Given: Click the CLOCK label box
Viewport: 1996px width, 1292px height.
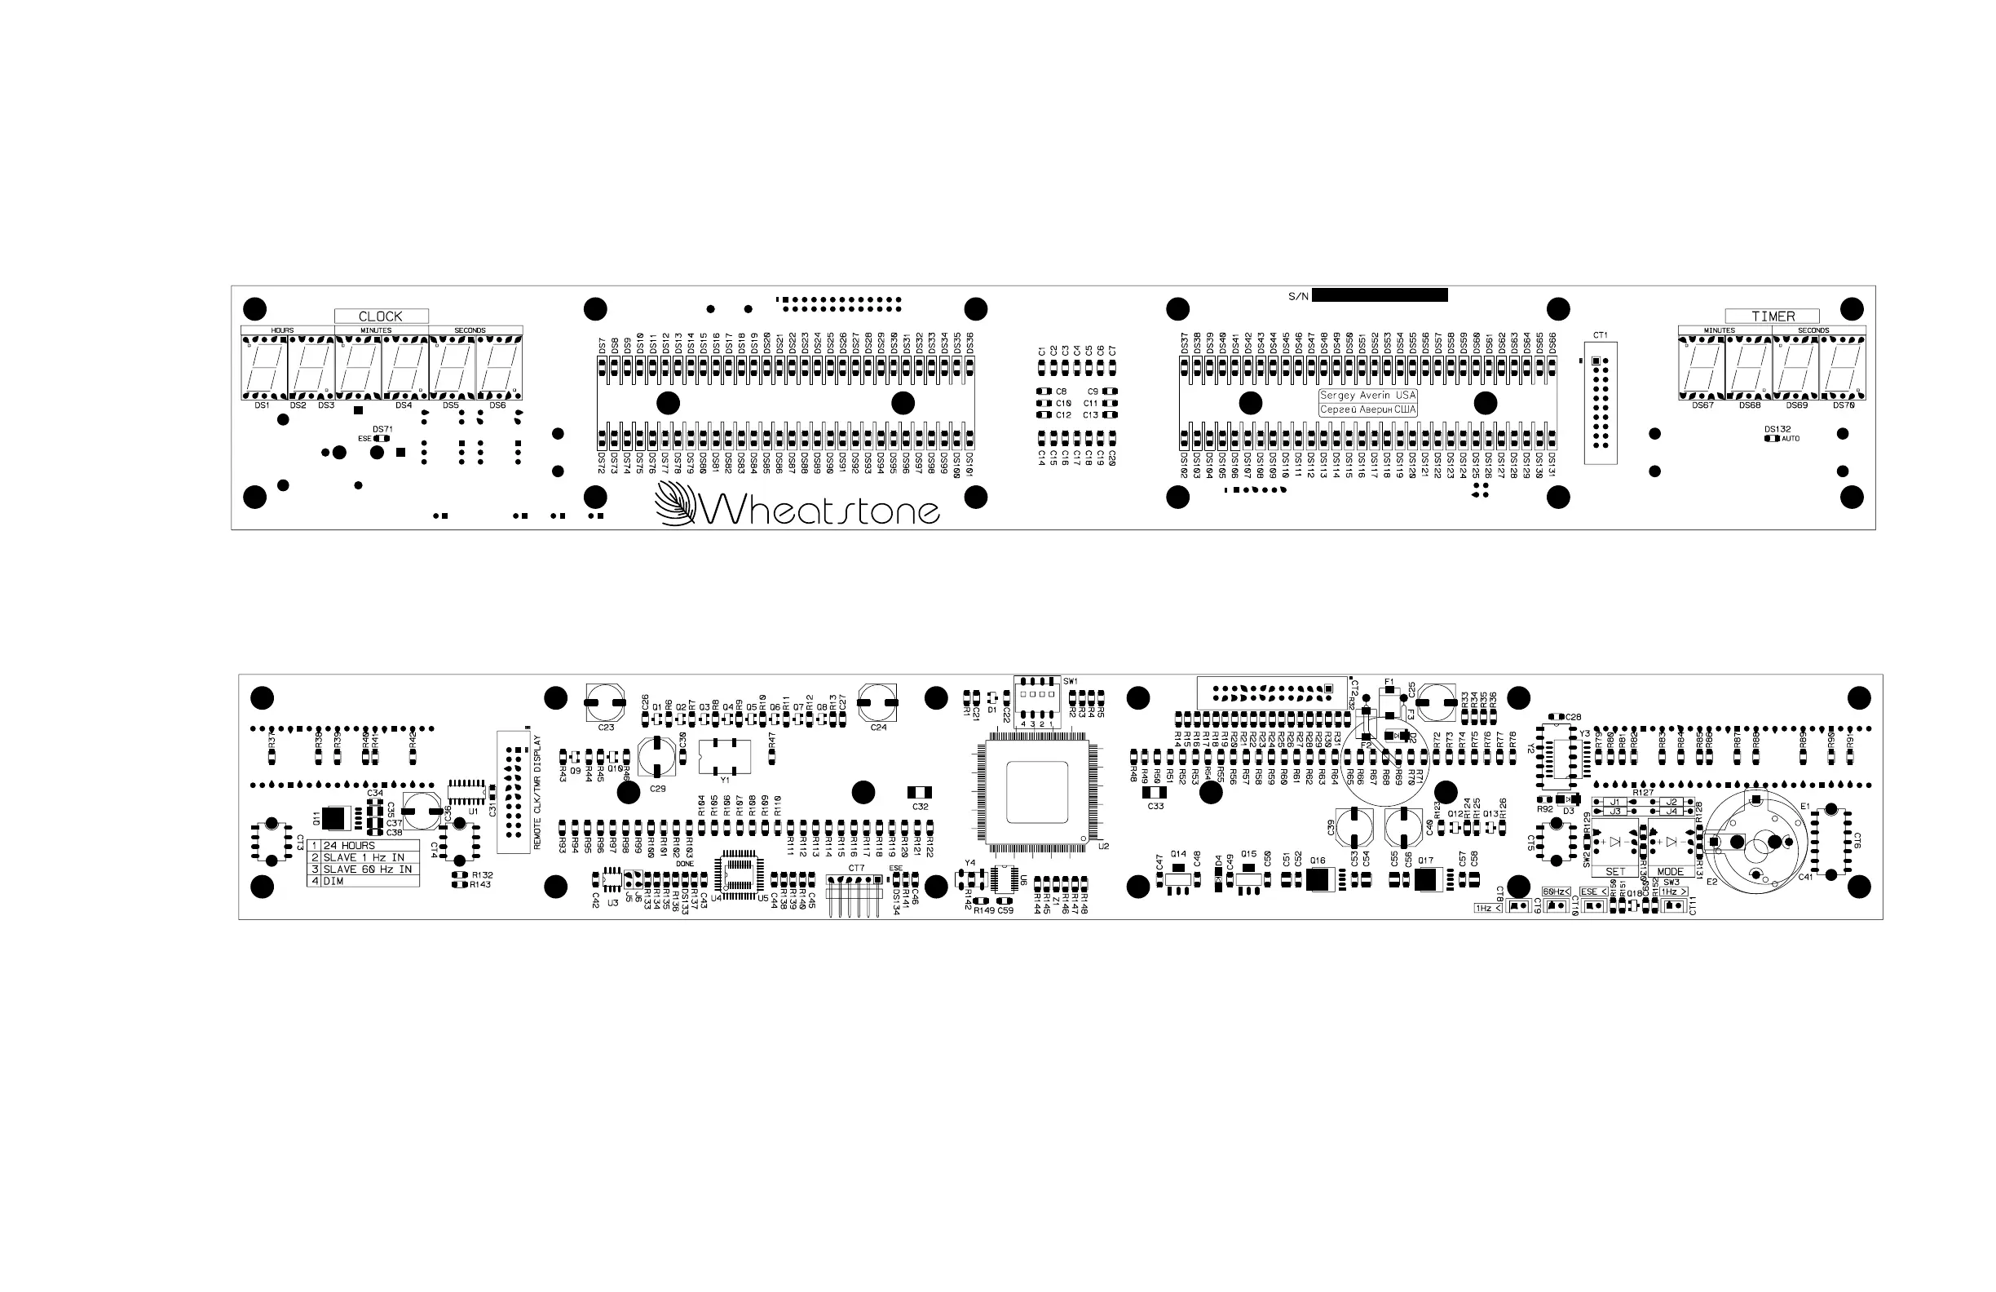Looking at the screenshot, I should pyautogui.click(x=381, y=316).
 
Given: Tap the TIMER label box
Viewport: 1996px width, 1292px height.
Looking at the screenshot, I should pyautogui.click(x=1773, y=316).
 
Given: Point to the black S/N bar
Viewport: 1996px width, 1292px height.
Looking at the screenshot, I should pyautogui.click(x=1380, y=294).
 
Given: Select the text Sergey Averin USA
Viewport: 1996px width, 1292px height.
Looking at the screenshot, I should pyautogui.click(x=1368, y=395).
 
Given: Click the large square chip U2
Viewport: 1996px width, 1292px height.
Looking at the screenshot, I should pyautogui.click(x=1036, y=791).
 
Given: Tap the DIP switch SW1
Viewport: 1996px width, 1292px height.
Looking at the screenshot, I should pyautogui.click(x=1036, y=696).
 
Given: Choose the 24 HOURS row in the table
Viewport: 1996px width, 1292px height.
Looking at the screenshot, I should pyautogui.click(x=362, y=845).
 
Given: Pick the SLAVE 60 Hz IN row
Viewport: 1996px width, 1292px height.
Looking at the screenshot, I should pyautogui.click(x=362, y=869).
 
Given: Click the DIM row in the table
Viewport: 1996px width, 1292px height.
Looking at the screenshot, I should pyautogui.click(x=362, y=881).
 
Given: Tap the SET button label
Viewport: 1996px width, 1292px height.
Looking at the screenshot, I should pyautogui.click(x=1614, y=872).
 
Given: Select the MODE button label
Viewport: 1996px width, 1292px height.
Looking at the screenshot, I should pyautogui.click(x=1670, y=872).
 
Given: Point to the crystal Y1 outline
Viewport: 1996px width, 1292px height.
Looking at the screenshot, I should pyautogui.click(x=724, y=756).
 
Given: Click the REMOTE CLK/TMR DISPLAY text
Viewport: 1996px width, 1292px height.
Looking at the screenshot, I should pyautogui.click(x=537, y=793).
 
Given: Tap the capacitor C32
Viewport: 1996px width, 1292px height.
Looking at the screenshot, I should pyautogui.click(x=920, y=792).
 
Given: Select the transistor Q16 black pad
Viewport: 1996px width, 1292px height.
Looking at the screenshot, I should pyautogui.click(x=1319, y=879).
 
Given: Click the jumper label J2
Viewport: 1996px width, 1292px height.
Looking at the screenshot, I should pyautogui.click(x=1671, y=802).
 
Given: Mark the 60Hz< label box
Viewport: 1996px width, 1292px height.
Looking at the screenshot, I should pyautogui.click(x=1556, y=891).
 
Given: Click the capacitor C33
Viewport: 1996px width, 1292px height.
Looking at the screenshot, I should pyautogui.click(x=1155, y=792).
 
